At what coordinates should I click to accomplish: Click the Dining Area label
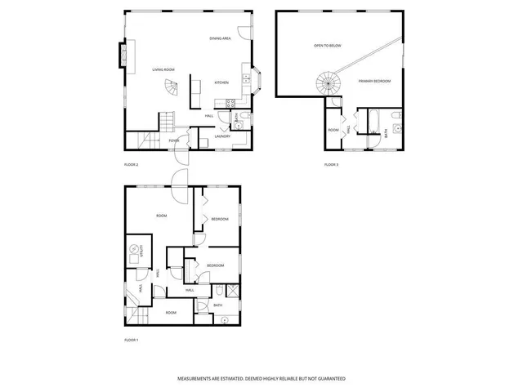(x=218, y=38)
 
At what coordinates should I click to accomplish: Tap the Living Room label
(x=163, y=69)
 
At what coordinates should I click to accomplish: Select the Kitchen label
(x=221, y=82)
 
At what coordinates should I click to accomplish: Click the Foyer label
(x=174, y=141)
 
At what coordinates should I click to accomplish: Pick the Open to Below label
(x=326, y=46)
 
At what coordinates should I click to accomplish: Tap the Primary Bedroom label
(x=374, y=81)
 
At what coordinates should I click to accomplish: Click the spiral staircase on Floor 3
(x=329, y=82)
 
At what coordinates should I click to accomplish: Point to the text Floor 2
(x=131, y=165)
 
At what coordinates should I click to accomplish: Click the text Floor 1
(x=131, y=340)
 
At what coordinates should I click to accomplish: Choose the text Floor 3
(x=331, y=165)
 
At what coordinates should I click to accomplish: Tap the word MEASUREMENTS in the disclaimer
(x=198, y=379)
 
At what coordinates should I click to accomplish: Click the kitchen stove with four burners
(x=230, y=103)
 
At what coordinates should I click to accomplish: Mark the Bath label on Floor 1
(x=218, y=305)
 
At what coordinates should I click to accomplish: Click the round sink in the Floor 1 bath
(x=224, y=320)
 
